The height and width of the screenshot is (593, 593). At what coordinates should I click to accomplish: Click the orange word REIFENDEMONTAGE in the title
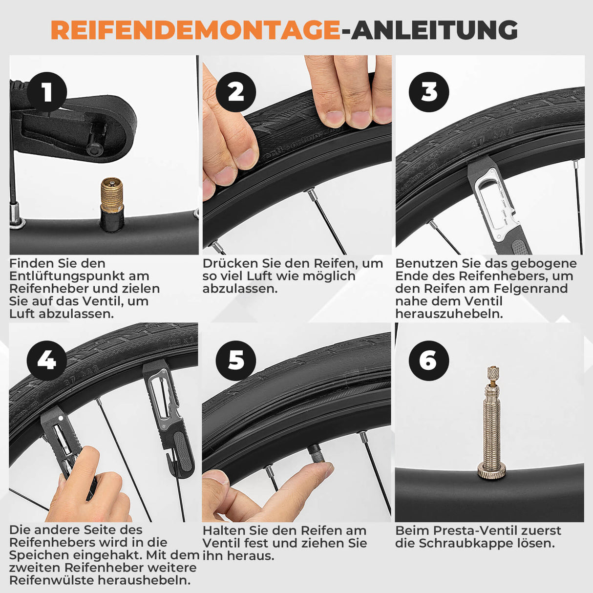click(x=195, y=30)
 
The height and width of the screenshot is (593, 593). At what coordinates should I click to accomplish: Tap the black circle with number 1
click(x=47, y=92)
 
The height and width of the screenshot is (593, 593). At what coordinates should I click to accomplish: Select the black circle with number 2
click(x=236, y=92)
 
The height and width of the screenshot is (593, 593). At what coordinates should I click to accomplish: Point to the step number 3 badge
click(x=429, y=92)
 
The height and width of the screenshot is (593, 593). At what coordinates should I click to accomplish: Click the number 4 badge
click(x=47, y=360)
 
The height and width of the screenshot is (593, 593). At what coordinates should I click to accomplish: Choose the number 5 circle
click(x=236, y=360)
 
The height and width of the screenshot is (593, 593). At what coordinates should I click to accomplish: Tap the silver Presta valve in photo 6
click(x=491, y=420)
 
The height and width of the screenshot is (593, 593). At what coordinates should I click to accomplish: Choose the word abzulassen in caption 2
click(x=240, y=289)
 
